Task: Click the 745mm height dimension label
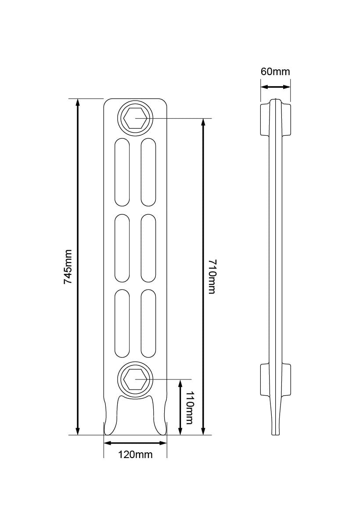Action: tap(68, 267)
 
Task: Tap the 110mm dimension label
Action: tap(189, 408)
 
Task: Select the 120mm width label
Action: tap(135, 455)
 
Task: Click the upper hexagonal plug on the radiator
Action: tap(135, 118)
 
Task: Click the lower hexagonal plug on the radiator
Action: tap(135, 379)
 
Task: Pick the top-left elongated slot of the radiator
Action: tap(122, 172)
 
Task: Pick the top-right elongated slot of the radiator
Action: tap(148, 172)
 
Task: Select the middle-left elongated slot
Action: tap(122, 248)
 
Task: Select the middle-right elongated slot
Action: tap(148, 248)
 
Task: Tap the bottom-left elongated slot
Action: tap(122, 324)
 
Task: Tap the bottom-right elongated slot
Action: tap(148, 324)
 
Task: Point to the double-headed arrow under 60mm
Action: tap(275, 87)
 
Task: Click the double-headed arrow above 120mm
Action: tap(135, 443)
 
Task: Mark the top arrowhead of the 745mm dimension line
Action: tap(78, 102)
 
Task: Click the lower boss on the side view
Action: tap(275, 379)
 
